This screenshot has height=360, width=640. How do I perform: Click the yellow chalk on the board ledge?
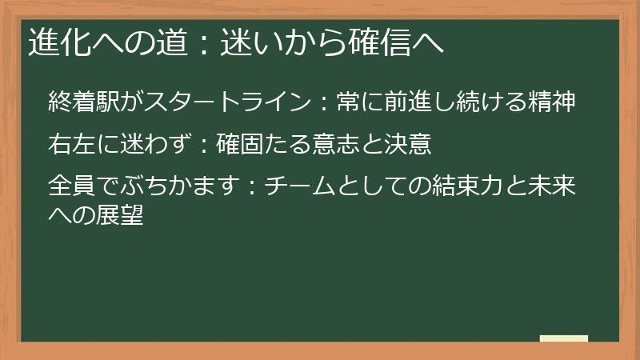point(564,338)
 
